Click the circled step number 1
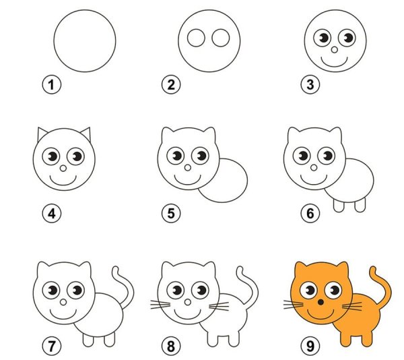[50, 85]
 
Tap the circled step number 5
[170, 214]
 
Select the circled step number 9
[308, 347]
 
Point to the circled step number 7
[50, 347]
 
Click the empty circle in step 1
[84, 40]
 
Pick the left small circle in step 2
[196, 38]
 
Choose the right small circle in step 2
[220, 38]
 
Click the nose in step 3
[335, 49]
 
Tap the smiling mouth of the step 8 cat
[185, 316]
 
